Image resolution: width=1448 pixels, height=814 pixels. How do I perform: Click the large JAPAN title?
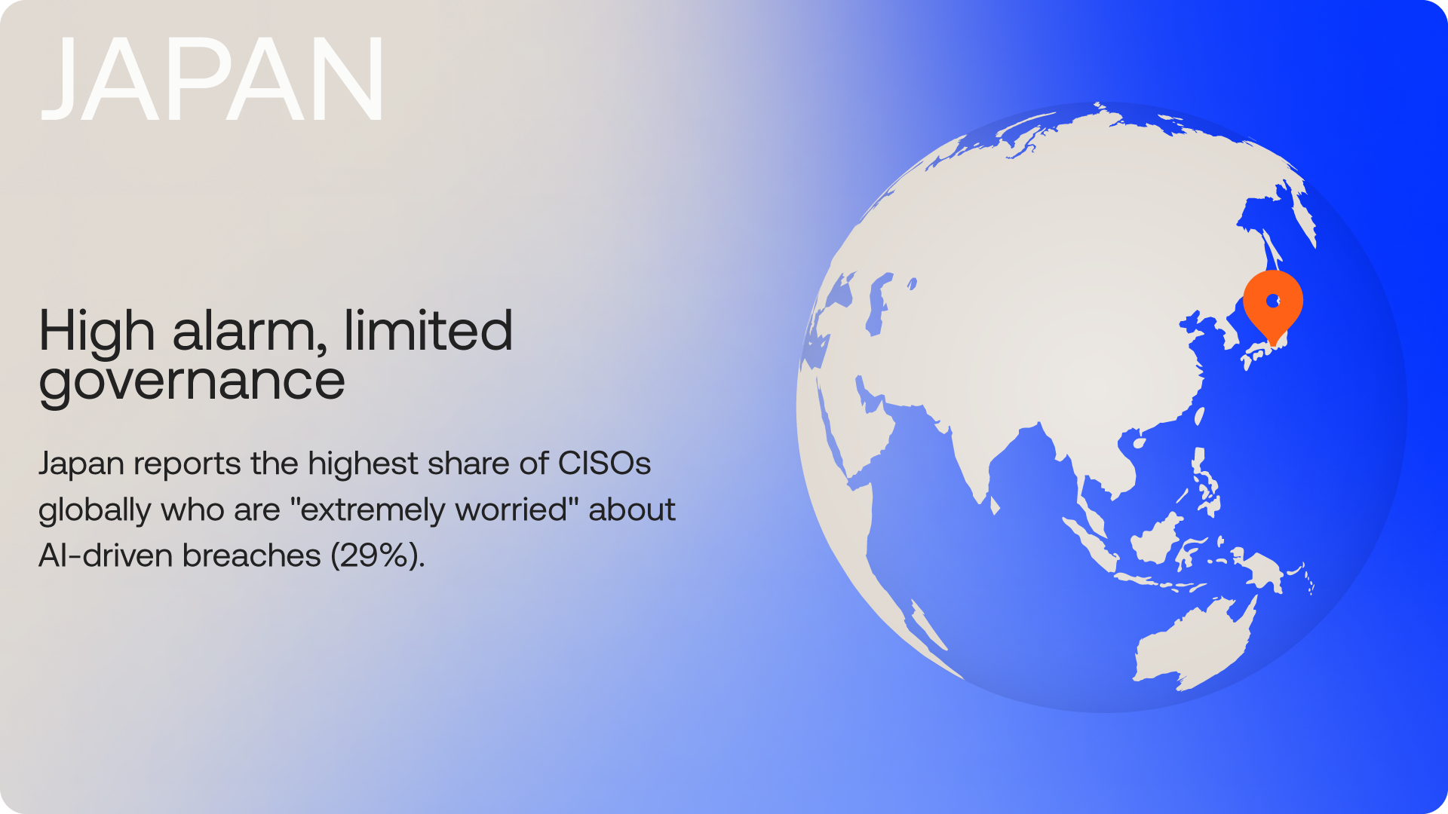(x=213, y=78)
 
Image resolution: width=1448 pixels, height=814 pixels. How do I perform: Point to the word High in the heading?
(x=97, y=332)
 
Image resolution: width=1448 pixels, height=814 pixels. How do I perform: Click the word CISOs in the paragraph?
(x=604, y=464)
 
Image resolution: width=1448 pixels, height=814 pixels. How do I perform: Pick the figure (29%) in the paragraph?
(x=378, y=555)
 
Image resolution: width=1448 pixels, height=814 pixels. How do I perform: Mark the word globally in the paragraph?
(x=95, y=510)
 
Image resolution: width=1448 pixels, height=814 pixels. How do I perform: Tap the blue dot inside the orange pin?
(x=1273, y=301)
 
